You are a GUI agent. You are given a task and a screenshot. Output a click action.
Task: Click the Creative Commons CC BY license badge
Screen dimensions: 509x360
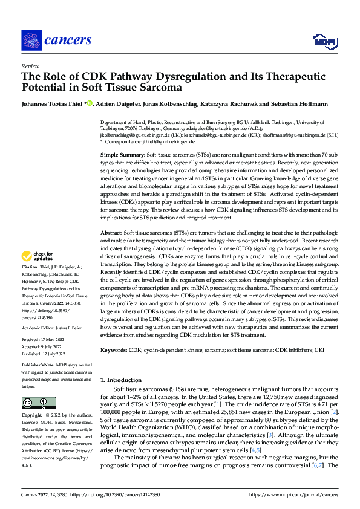coord(36,403)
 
